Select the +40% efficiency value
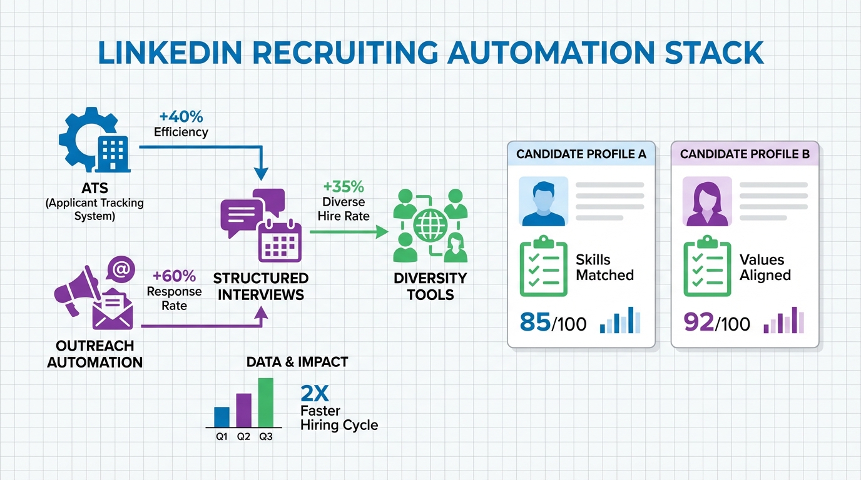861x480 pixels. [181, 117]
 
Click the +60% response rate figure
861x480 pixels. [175, 276]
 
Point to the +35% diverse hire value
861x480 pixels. [344, 187]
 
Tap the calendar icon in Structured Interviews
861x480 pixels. [280, 241]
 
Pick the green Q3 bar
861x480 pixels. [266, 402]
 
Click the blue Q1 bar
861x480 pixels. [222, 416]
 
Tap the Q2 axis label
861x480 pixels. [243, 437]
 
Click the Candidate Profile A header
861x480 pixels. [581, 154]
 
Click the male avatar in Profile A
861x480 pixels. [544, 201]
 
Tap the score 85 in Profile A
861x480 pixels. [535, 323]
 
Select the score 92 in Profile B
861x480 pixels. [699, 323]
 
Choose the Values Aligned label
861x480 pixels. [765, 267]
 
